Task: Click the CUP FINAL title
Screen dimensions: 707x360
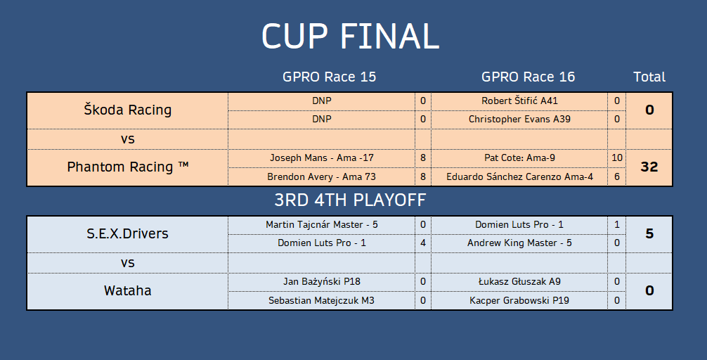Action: [x=351, y=36]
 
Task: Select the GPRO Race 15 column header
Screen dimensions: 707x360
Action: [x=329, y=77]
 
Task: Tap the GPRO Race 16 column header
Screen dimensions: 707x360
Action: [x=528, y=77]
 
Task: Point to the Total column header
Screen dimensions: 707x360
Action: [x=649, y=77]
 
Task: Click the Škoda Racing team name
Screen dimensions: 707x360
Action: [x=128, y=110]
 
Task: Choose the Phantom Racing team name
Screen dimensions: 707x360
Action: [x=128, y=167]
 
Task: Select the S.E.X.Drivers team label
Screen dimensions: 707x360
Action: [x=128, y=233]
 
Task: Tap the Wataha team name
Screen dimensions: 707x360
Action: [x=128, y=290]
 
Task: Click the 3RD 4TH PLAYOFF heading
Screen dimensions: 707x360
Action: [x=351, y=200]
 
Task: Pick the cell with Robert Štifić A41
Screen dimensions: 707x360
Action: [x=519, y=101]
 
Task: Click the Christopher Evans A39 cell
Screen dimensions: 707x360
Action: [x=519, y=119]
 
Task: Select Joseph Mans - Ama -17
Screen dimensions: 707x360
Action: [x=321, y=158]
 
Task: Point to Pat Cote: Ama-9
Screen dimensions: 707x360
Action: [x=519, y=158]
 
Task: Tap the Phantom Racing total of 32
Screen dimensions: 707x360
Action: [x=649, y=167]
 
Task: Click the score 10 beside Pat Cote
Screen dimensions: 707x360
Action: [x=617, y=158]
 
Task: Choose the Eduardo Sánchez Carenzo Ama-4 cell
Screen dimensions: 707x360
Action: [x=519, y=177]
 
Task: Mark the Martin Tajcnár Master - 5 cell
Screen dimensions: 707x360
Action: [x=321, y=225]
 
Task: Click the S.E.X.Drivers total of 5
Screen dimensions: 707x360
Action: [x=649, y=233]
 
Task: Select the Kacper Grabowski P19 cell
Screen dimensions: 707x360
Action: [x=519, y=300]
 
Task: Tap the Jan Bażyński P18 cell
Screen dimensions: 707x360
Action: [x=321, y=281]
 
